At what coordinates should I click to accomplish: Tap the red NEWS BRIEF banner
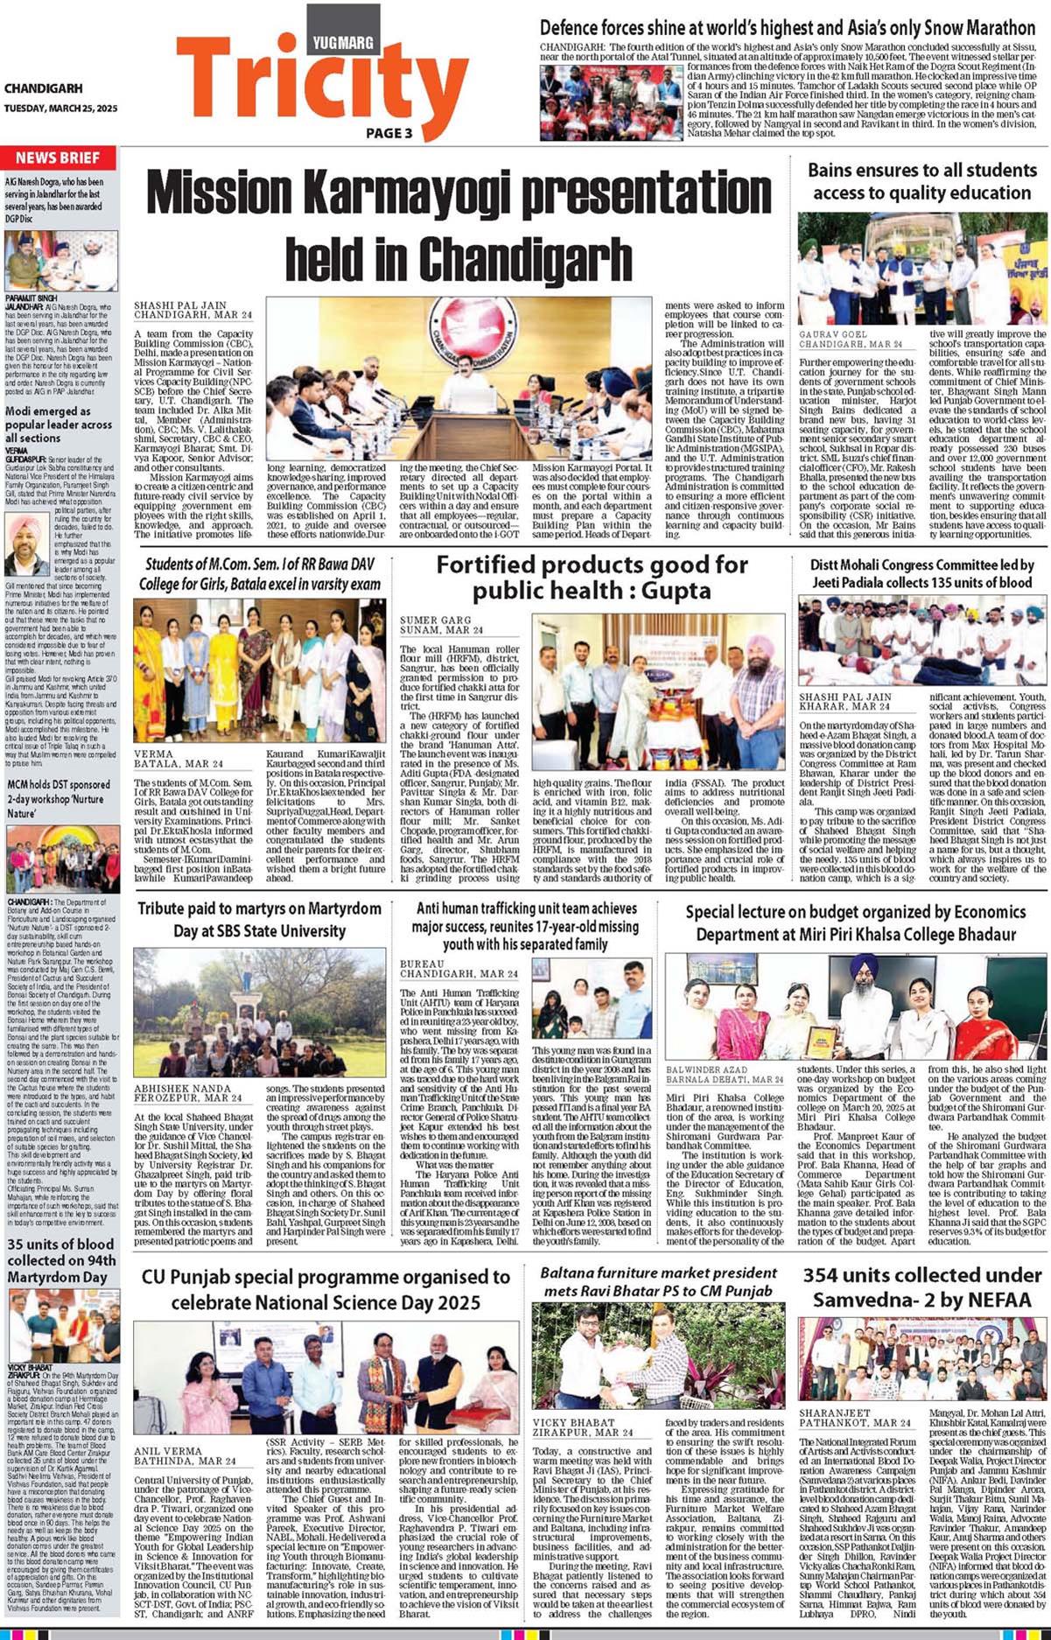click(x=58, y=158)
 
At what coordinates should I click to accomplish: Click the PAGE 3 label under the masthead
click(x=389, y=133)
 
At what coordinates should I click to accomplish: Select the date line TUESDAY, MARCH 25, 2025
click(x=60, y=109)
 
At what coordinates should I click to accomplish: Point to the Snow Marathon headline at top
click(x=787, y=28)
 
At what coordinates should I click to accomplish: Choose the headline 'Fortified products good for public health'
click(x=592, y=578)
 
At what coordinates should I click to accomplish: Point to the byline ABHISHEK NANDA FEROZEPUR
click(x=188, y=1092)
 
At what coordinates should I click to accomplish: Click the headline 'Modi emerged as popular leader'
click(x=59, y=424)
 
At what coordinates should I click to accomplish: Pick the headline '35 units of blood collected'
click(x=60, y=1260)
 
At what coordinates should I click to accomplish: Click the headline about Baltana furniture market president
click(x=658, y=1281)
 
